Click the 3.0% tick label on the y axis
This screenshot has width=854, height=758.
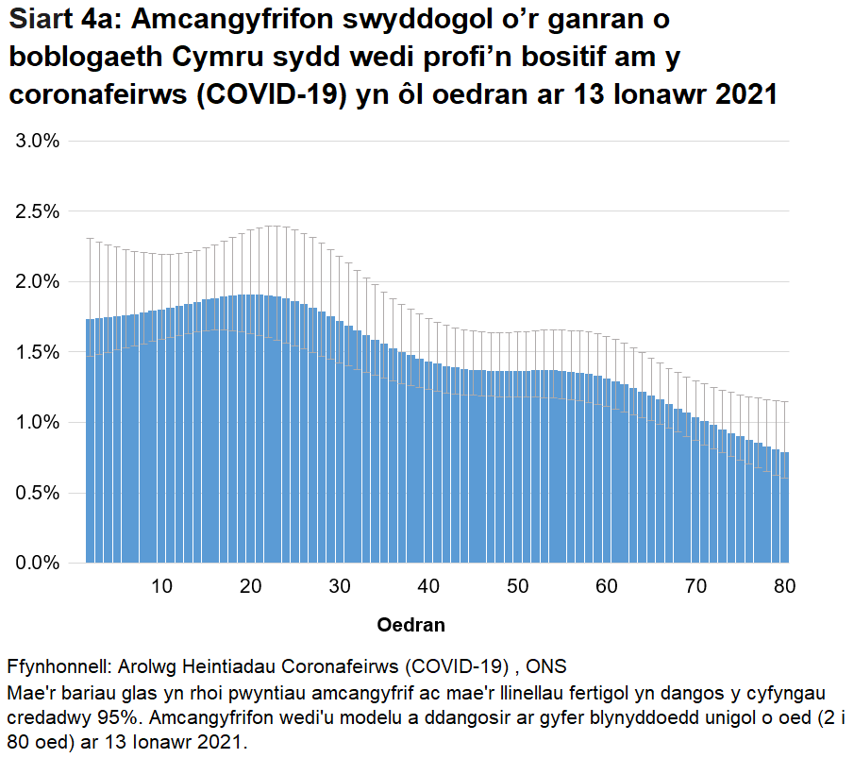[34, 142]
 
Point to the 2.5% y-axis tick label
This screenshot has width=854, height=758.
[34, 211]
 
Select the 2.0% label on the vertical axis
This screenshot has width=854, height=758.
[34, 282]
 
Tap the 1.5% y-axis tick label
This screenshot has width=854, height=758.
[34, 352]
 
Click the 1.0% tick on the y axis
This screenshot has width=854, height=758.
[34, 423]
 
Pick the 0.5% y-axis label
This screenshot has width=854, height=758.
[34, 493]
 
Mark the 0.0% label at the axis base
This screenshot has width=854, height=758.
[34, 564]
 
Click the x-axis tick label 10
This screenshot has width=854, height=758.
[161, 586]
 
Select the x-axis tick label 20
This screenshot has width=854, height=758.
[250, 586]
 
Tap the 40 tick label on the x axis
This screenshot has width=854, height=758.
[428, 586]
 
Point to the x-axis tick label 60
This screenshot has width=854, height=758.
[607, 586]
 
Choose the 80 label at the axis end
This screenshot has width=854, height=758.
[784, 586]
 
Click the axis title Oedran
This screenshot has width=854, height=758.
[410, 625]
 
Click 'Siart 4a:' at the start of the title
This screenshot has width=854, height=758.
[62, 20]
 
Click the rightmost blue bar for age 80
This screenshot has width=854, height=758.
[785, 510]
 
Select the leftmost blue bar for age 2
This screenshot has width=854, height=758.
[90, 444]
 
